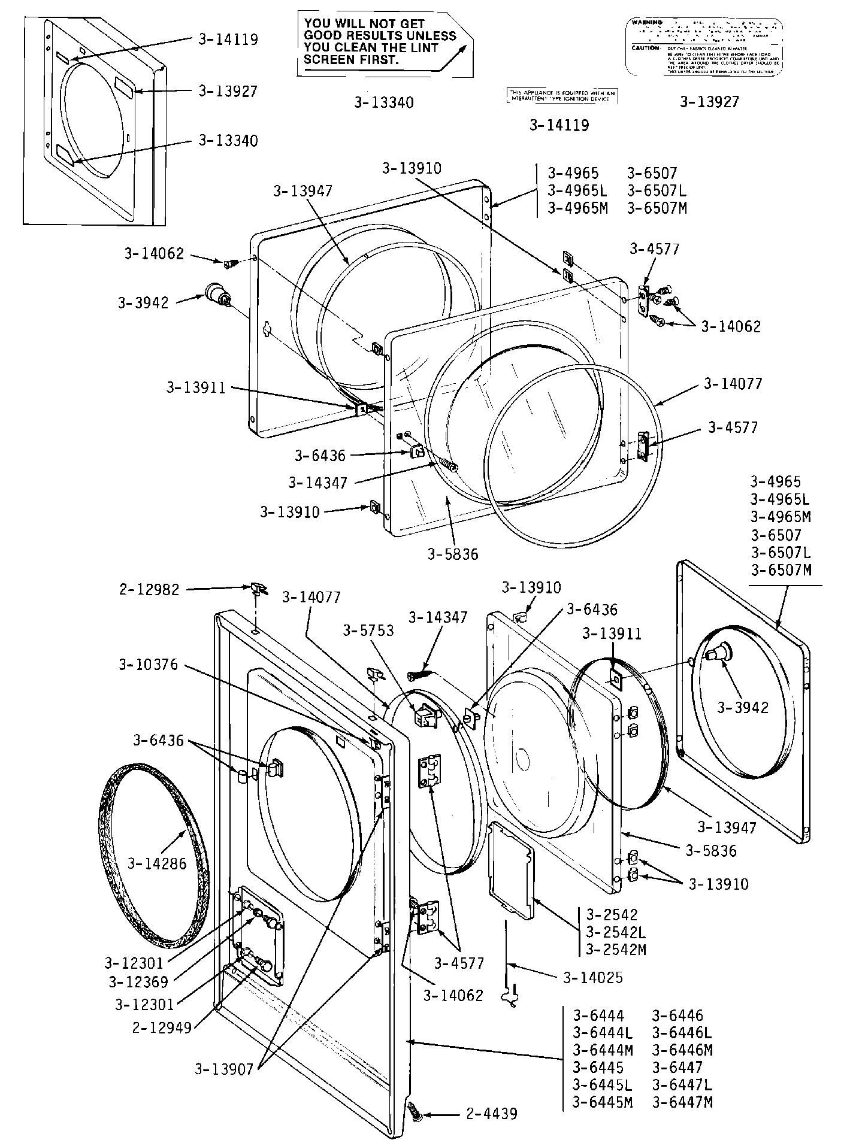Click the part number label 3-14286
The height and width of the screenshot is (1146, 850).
coord(156,863)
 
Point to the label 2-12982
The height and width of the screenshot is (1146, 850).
coord(149,590)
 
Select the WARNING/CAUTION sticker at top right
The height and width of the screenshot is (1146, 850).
coord(704,47)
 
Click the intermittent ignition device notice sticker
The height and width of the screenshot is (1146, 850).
coord(562,96)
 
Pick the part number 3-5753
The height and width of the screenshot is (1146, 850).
coord(368,630)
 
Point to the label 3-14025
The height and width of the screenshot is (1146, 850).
coord(593,978)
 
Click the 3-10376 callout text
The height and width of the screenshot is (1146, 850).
coord(148,665)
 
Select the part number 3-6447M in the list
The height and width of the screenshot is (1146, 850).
coord(682,1102)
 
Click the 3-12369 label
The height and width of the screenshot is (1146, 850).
coord(138,982)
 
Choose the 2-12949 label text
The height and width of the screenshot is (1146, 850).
coord(162,1028)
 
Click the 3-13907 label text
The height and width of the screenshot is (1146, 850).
coord(224,1069)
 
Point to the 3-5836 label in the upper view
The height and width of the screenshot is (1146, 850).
coord(453,554)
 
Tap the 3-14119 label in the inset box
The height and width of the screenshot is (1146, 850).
coord(228,40)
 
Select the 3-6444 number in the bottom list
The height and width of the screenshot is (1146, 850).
coord(598,1015)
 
